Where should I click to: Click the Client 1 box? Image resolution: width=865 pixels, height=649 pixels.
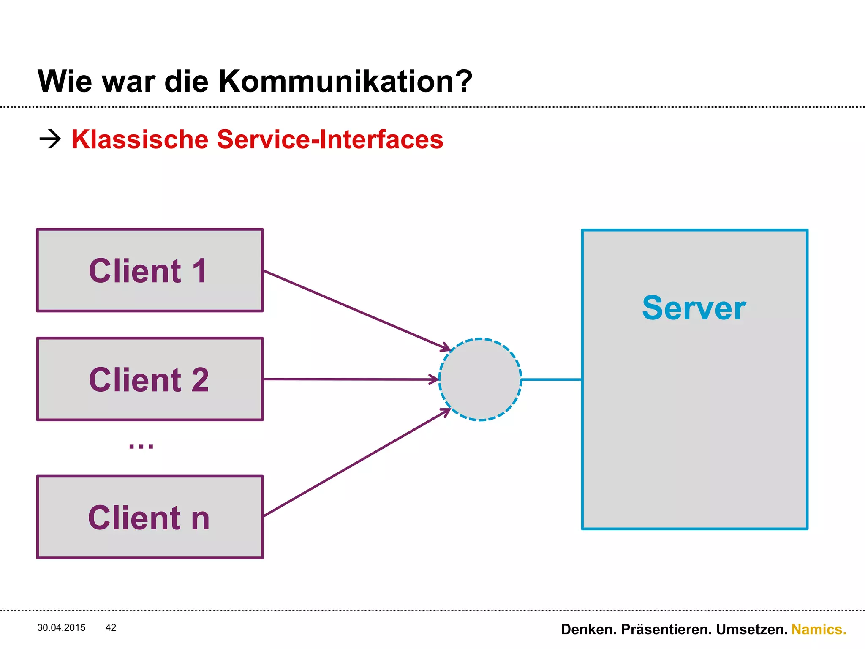point(150,270)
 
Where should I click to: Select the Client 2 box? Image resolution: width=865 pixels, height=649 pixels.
point(150,379)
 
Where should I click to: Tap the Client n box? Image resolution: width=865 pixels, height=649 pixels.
point(150,517)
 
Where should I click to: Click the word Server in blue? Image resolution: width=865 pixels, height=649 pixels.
point(694,308)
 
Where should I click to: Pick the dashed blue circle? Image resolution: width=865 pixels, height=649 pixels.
point(480,379)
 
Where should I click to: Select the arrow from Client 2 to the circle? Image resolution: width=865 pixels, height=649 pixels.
point(351,379)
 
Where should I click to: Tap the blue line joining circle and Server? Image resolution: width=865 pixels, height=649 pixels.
point(551,379)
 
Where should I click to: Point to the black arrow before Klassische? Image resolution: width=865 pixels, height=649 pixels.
point(50,139)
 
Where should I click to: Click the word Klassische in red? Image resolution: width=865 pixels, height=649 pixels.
point(140,139)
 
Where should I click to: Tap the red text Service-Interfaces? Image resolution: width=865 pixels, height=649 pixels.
point(330,139)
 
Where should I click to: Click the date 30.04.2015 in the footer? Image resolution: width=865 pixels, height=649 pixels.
point(61,627)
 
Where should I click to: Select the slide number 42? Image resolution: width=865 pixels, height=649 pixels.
point(111,627)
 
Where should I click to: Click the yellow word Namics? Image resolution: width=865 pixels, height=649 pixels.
point(819,629)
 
